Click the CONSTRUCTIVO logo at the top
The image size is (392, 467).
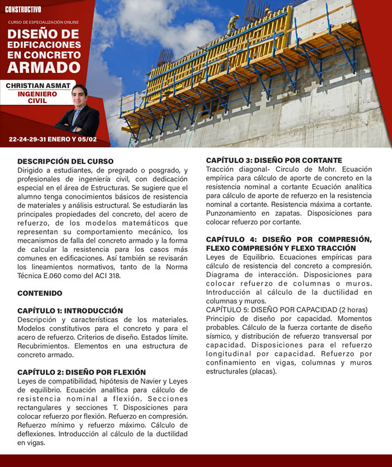[23, 10]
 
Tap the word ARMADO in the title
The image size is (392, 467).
[44, 68]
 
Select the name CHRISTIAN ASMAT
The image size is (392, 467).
[38, 85]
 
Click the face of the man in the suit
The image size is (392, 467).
[80, 96]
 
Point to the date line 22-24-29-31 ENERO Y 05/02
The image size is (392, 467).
[53, 139]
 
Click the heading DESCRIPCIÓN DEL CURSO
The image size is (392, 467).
[66, 161]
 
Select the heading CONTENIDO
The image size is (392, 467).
[40, 293]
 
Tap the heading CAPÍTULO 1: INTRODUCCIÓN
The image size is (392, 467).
[70, 310]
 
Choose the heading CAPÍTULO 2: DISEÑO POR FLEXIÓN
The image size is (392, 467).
[82, 372]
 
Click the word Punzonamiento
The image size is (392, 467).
[233, 213]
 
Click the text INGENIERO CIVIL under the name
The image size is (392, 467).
[38, 97]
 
